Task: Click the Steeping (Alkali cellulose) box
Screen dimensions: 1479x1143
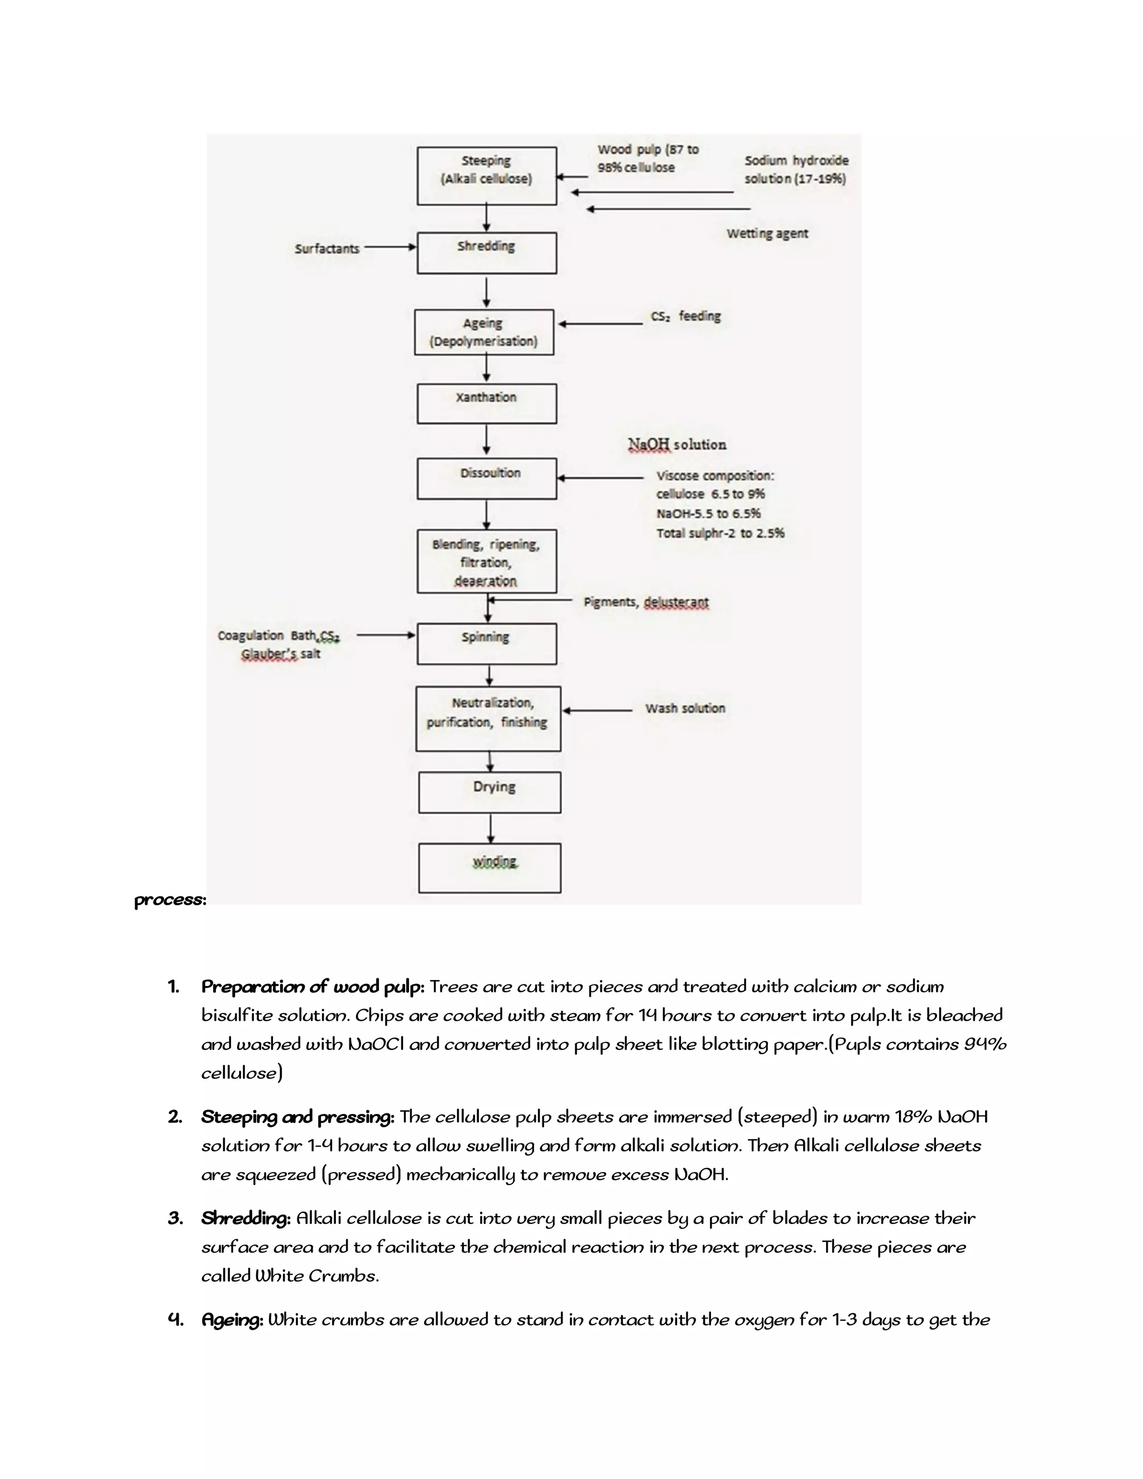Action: pos(486,175)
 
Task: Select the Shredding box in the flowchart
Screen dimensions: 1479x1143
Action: pos(486,253)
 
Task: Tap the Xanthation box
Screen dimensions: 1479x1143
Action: pos(486,403)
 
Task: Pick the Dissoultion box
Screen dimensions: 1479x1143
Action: pos(486,478)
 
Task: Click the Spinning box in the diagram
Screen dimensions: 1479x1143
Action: pos(486,644)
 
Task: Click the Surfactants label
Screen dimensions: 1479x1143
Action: pos(326,248)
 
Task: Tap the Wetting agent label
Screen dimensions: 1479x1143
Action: pos(767,234)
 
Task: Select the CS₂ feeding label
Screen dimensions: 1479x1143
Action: pos(685,316)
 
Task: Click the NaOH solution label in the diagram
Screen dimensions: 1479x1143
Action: pos(676,444)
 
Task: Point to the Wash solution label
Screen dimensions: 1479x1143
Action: pos(685,708)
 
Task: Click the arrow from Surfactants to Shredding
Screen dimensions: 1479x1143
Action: pos(390,247)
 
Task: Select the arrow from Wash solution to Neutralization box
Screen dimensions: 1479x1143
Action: pos(597,710)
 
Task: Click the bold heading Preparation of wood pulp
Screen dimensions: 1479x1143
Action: pos(312,987)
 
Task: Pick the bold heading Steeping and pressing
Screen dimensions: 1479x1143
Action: pos(297,1117)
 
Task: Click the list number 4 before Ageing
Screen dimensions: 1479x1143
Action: pos(175,1319)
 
